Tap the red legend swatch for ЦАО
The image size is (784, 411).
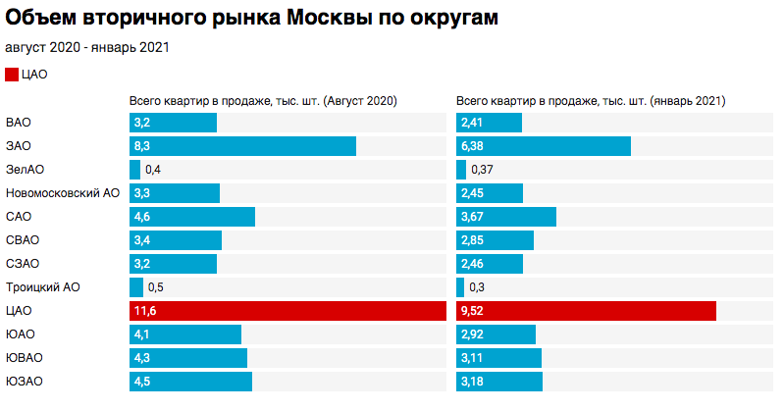(11, 74)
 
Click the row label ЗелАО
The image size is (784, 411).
(25, 170)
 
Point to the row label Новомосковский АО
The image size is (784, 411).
(63, 193)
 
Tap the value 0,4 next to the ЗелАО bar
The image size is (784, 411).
(153, 170)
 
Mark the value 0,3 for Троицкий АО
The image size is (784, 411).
(478, 287)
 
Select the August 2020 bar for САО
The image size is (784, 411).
(192, 217)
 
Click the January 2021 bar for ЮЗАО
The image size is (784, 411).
(499, 382)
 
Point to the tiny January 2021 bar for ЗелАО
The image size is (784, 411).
(461, 170)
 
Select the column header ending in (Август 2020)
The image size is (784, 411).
(263, 101)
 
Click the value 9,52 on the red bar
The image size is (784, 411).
(473, 311)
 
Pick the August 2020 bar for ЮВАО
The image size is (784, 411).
(188, 358)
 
